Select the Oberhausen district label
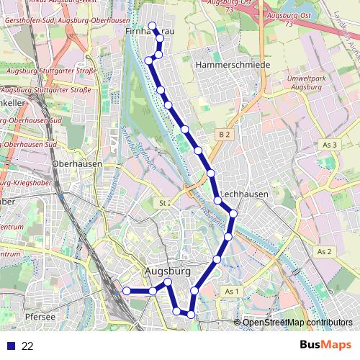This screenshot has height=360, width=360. (x=77, y=163)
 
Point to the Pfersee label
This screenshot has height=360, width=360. (x=40, y=316)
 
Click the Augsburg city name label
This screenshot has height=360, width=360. (x=168, y=271)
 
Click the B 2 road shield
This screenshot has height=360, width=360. (x=225, y=134)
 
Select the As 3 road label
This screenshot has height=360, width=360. (x=330, y=145)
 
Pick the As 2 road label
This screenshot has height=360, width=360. (x=324, y=251)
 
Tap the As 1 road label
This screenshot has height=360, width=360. (x=230, y=291)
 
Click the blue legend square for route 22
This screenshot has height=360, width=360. (x=9, y=346)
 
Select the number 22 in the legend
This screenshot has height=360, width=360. (x=27, y=346)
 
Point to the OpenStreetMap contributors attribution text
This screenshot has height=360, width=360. (x=297, y=322)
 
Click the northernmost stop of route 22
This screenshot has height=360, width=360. (x=152, y=27)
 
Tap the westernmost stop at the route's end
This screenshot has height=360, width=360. (x=126, y=290)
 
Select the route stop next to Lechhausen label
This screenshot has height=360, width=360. (x=217, y=200)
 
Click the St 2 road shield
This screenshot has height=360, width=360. (x=163, y=204)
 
